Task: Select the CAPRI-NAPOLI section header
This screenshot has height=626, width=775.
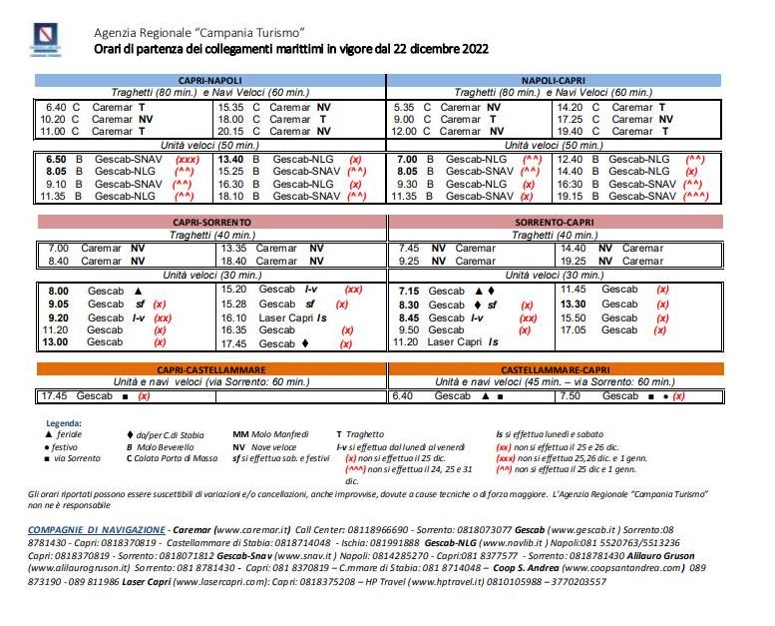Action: (210, 80)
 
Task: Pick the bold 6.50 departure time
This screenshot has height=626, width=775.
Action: (56, 159)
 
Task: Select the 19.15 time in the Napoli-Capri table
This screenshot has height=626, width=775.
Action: (572, 197)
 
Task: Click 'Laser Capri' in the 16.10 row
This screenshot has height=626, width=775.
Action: (285, 317)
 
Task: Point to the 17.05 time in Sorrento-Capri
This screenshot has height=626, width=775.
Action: (574, 329)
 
